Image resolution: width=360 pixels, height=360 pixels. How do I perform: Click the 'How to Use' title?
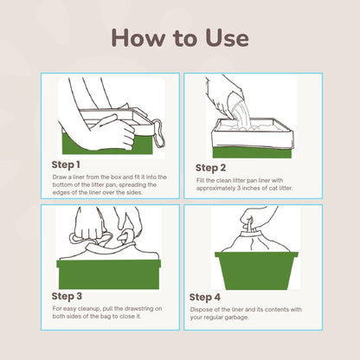[179, 38]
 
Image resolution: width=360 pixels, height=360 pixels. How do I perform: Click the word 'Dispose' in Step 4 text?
[202, 309]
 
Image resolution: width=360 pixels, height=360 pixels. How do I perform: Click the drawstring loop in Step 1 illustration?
[160, 131]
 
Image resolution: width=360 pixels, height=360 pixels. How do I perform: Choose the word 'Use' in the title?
[222, 38]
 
